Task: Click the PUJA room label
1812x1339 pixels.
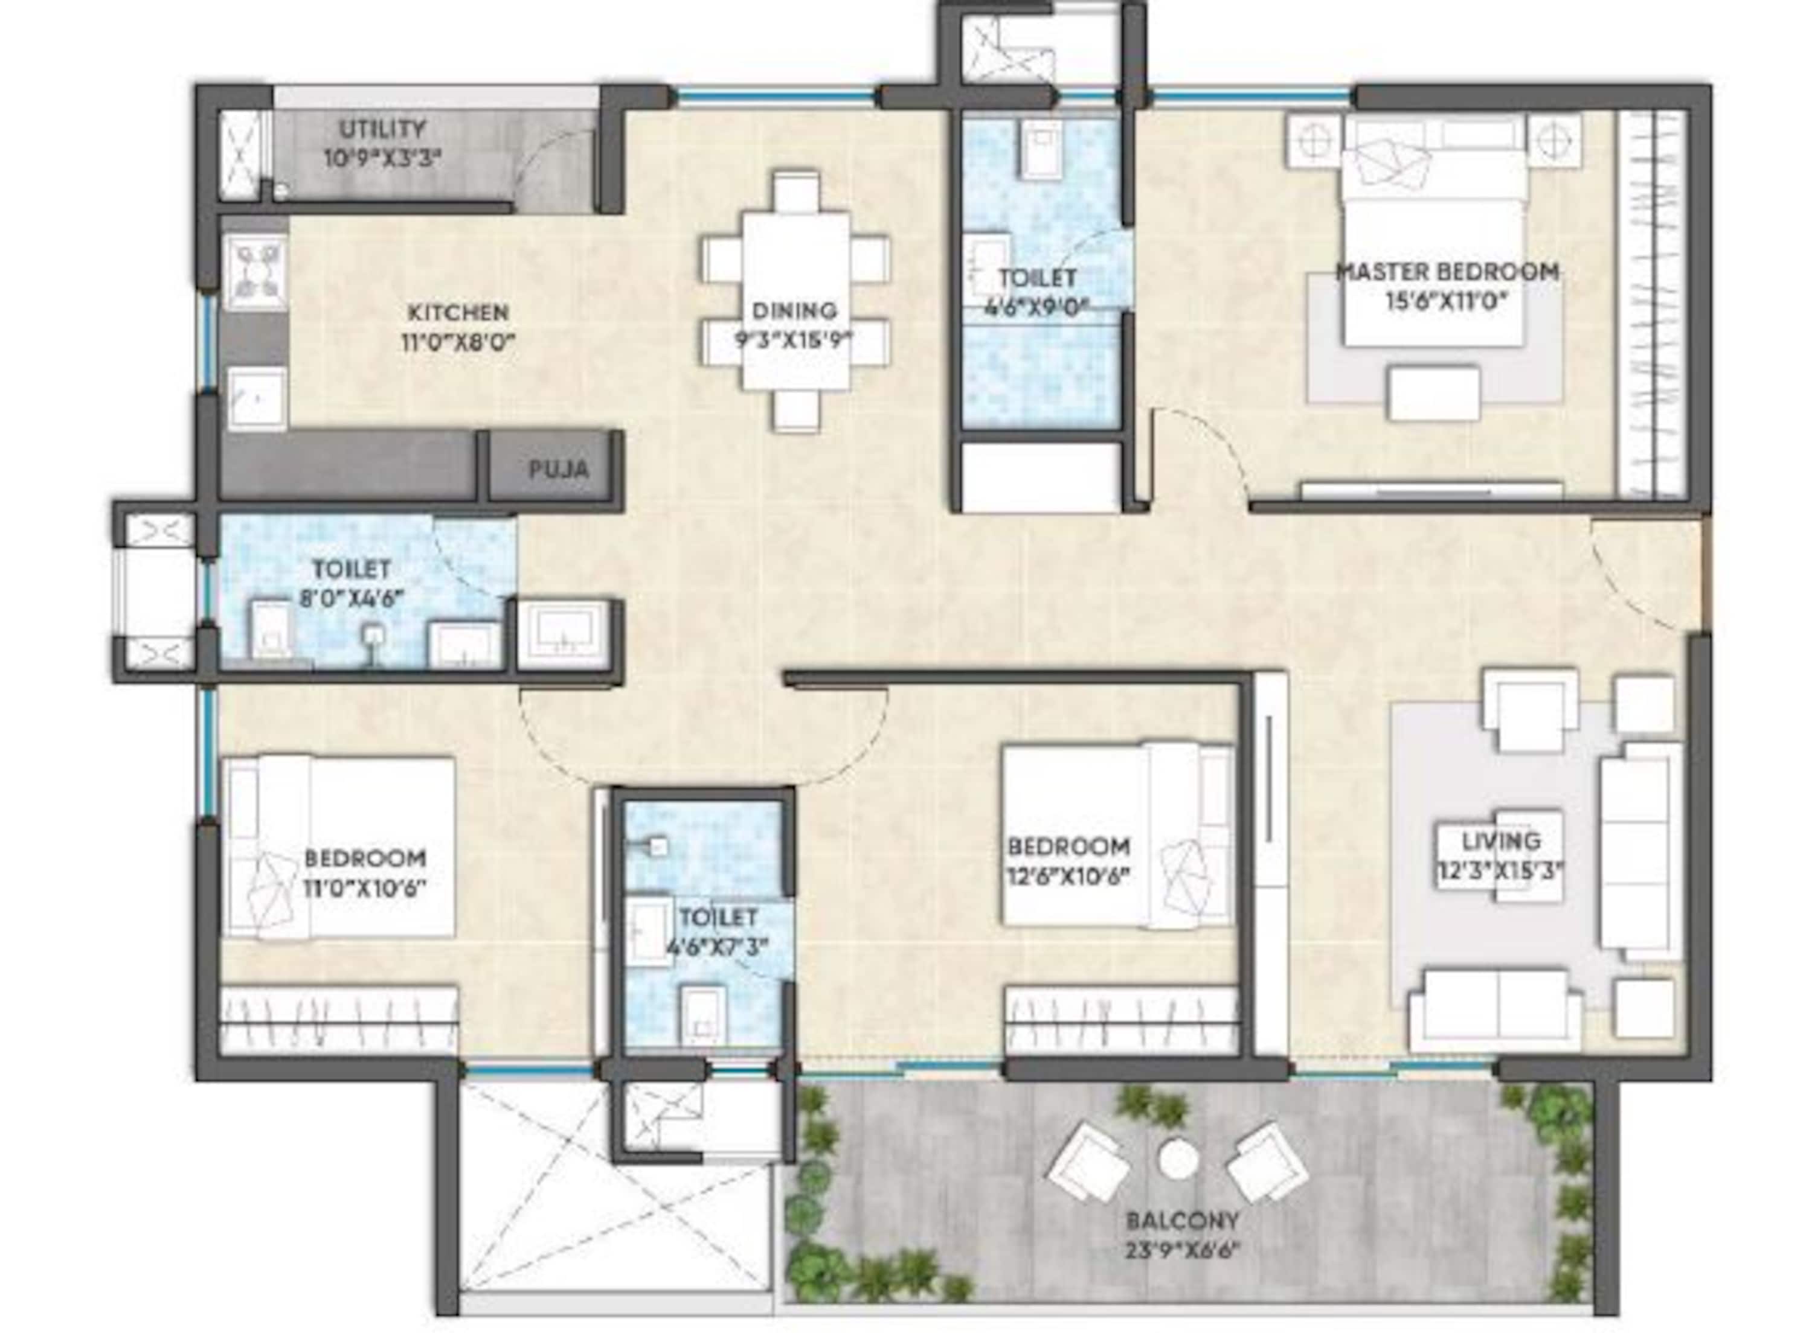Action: [559, 469]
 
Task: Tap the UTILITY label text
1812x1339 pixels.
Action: [382, 129]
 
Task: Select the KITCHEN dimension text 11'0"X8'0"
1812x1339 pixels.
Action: [458, 343]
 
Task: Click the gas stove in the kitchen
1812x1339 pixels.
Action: [258, 272]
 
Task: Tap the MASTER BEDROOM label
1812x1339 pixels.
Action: [1447, 272]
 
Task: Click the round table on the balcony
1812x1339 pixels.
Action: [1178, 1160]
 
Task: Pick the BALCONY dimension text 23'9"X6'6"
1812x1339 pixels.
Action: [1183, 1251]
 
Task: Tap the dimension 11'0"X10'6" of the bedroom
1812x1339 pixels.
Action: [365, 887]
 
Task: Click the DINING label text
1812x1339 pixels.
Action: [783, 310]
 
